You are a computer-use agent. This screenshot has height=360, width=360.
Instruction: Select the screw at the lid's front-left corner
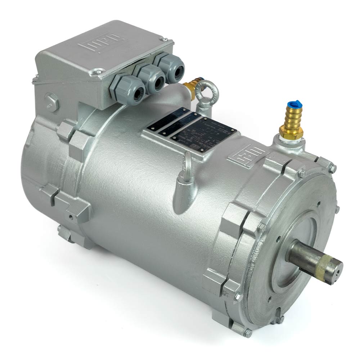(x=98, y=71)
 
